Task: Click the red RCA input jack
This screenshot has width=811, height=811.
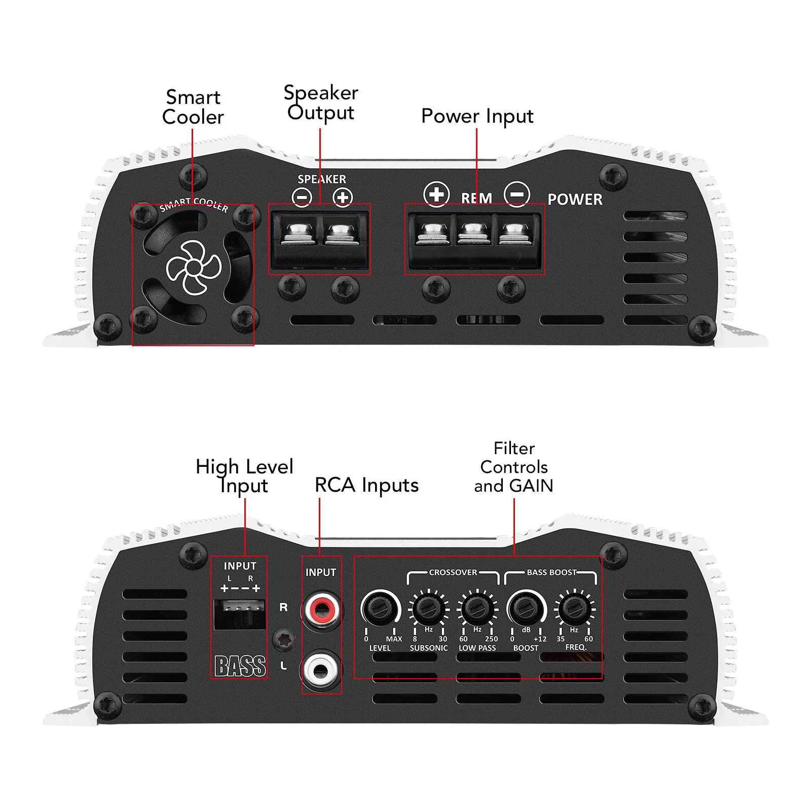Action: [321, 610]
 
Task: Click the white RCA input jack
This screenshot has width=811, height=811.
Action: [321, 670]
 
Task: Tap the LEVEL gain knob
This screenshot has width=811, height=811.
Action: [380, 608]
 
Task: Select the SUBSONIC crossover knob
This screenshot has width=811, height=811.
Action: [428, 608]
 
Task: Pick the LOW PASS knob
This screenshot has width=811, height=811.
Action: [477, 608]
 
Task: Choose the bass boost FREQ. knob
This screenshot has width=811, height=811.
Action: [574, 608]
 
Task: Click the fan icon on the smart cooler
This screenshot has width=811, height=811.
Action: [194, 268]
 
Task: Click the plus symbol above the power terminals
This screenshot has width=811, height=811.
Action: [436, 194]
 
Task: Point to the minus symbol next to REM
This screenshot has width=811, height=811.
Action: [517, 194]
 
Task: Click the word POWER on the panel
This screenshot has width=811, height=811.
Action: [575, 199]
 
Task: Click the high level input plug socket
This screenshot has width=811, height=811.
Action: [240, 614]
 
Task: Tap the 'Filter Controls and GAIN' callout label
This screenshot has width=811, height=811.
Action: [513, 467]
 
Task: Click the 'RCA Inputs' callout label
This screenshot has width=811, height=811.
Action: [366, 485]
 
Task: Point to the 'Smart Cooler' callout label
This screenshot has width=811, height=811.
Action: [193, 107]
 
